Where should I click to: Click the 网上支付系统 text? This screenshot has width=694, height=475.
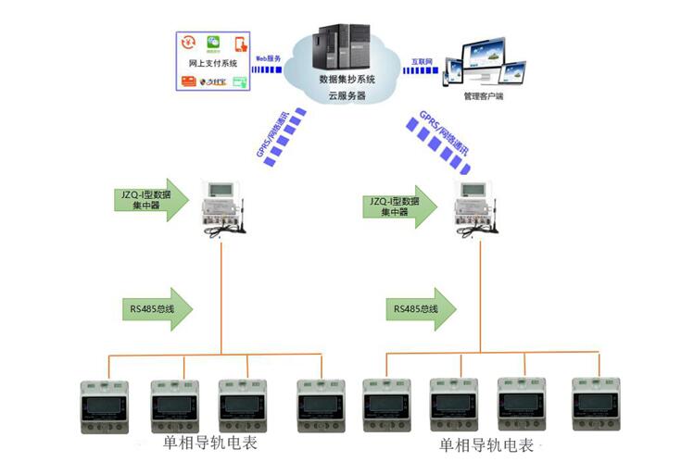(x=212, y=64)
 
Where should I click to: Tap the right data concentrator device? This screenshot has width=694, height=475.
(x=478, y=207)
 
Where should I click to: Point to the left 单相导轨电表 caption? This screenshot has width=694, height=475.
(x=209, y=444)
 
